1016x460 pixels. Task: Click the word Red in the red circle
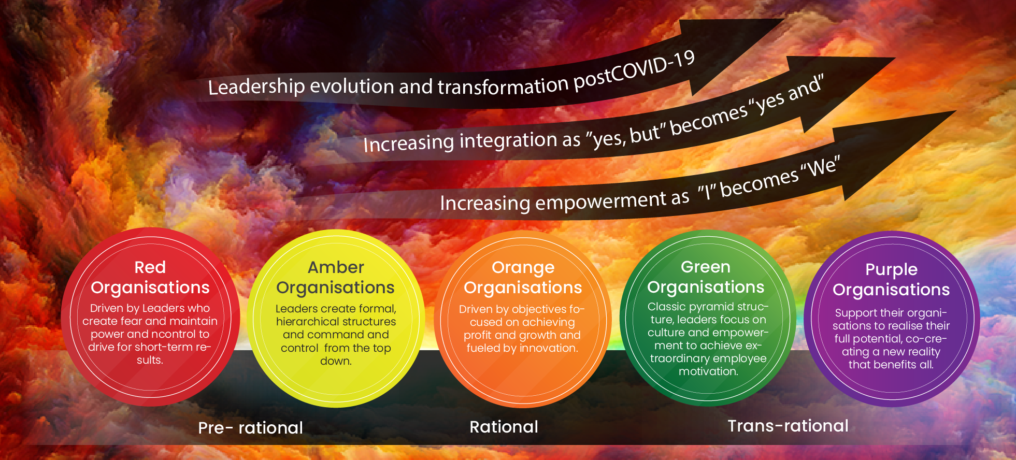(150, 267)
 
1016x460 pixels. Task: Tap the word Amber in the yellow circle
(336, 267)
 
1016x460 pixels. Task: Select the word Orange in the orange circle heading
(523, 268)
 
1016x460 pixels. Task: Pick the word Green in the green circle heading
(706, 267)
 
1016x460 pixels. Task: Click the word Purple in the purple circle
(891, 270)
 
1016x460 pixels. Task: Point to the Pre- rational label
(250, 428)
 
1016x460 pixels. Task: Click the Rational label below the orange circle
(504, 427)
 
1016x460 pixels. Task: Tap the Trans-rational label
(788, 426)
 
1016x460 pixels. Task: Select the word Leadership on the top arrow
(256, 86)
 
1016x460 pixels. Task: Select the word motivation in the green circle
(708, 371)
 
